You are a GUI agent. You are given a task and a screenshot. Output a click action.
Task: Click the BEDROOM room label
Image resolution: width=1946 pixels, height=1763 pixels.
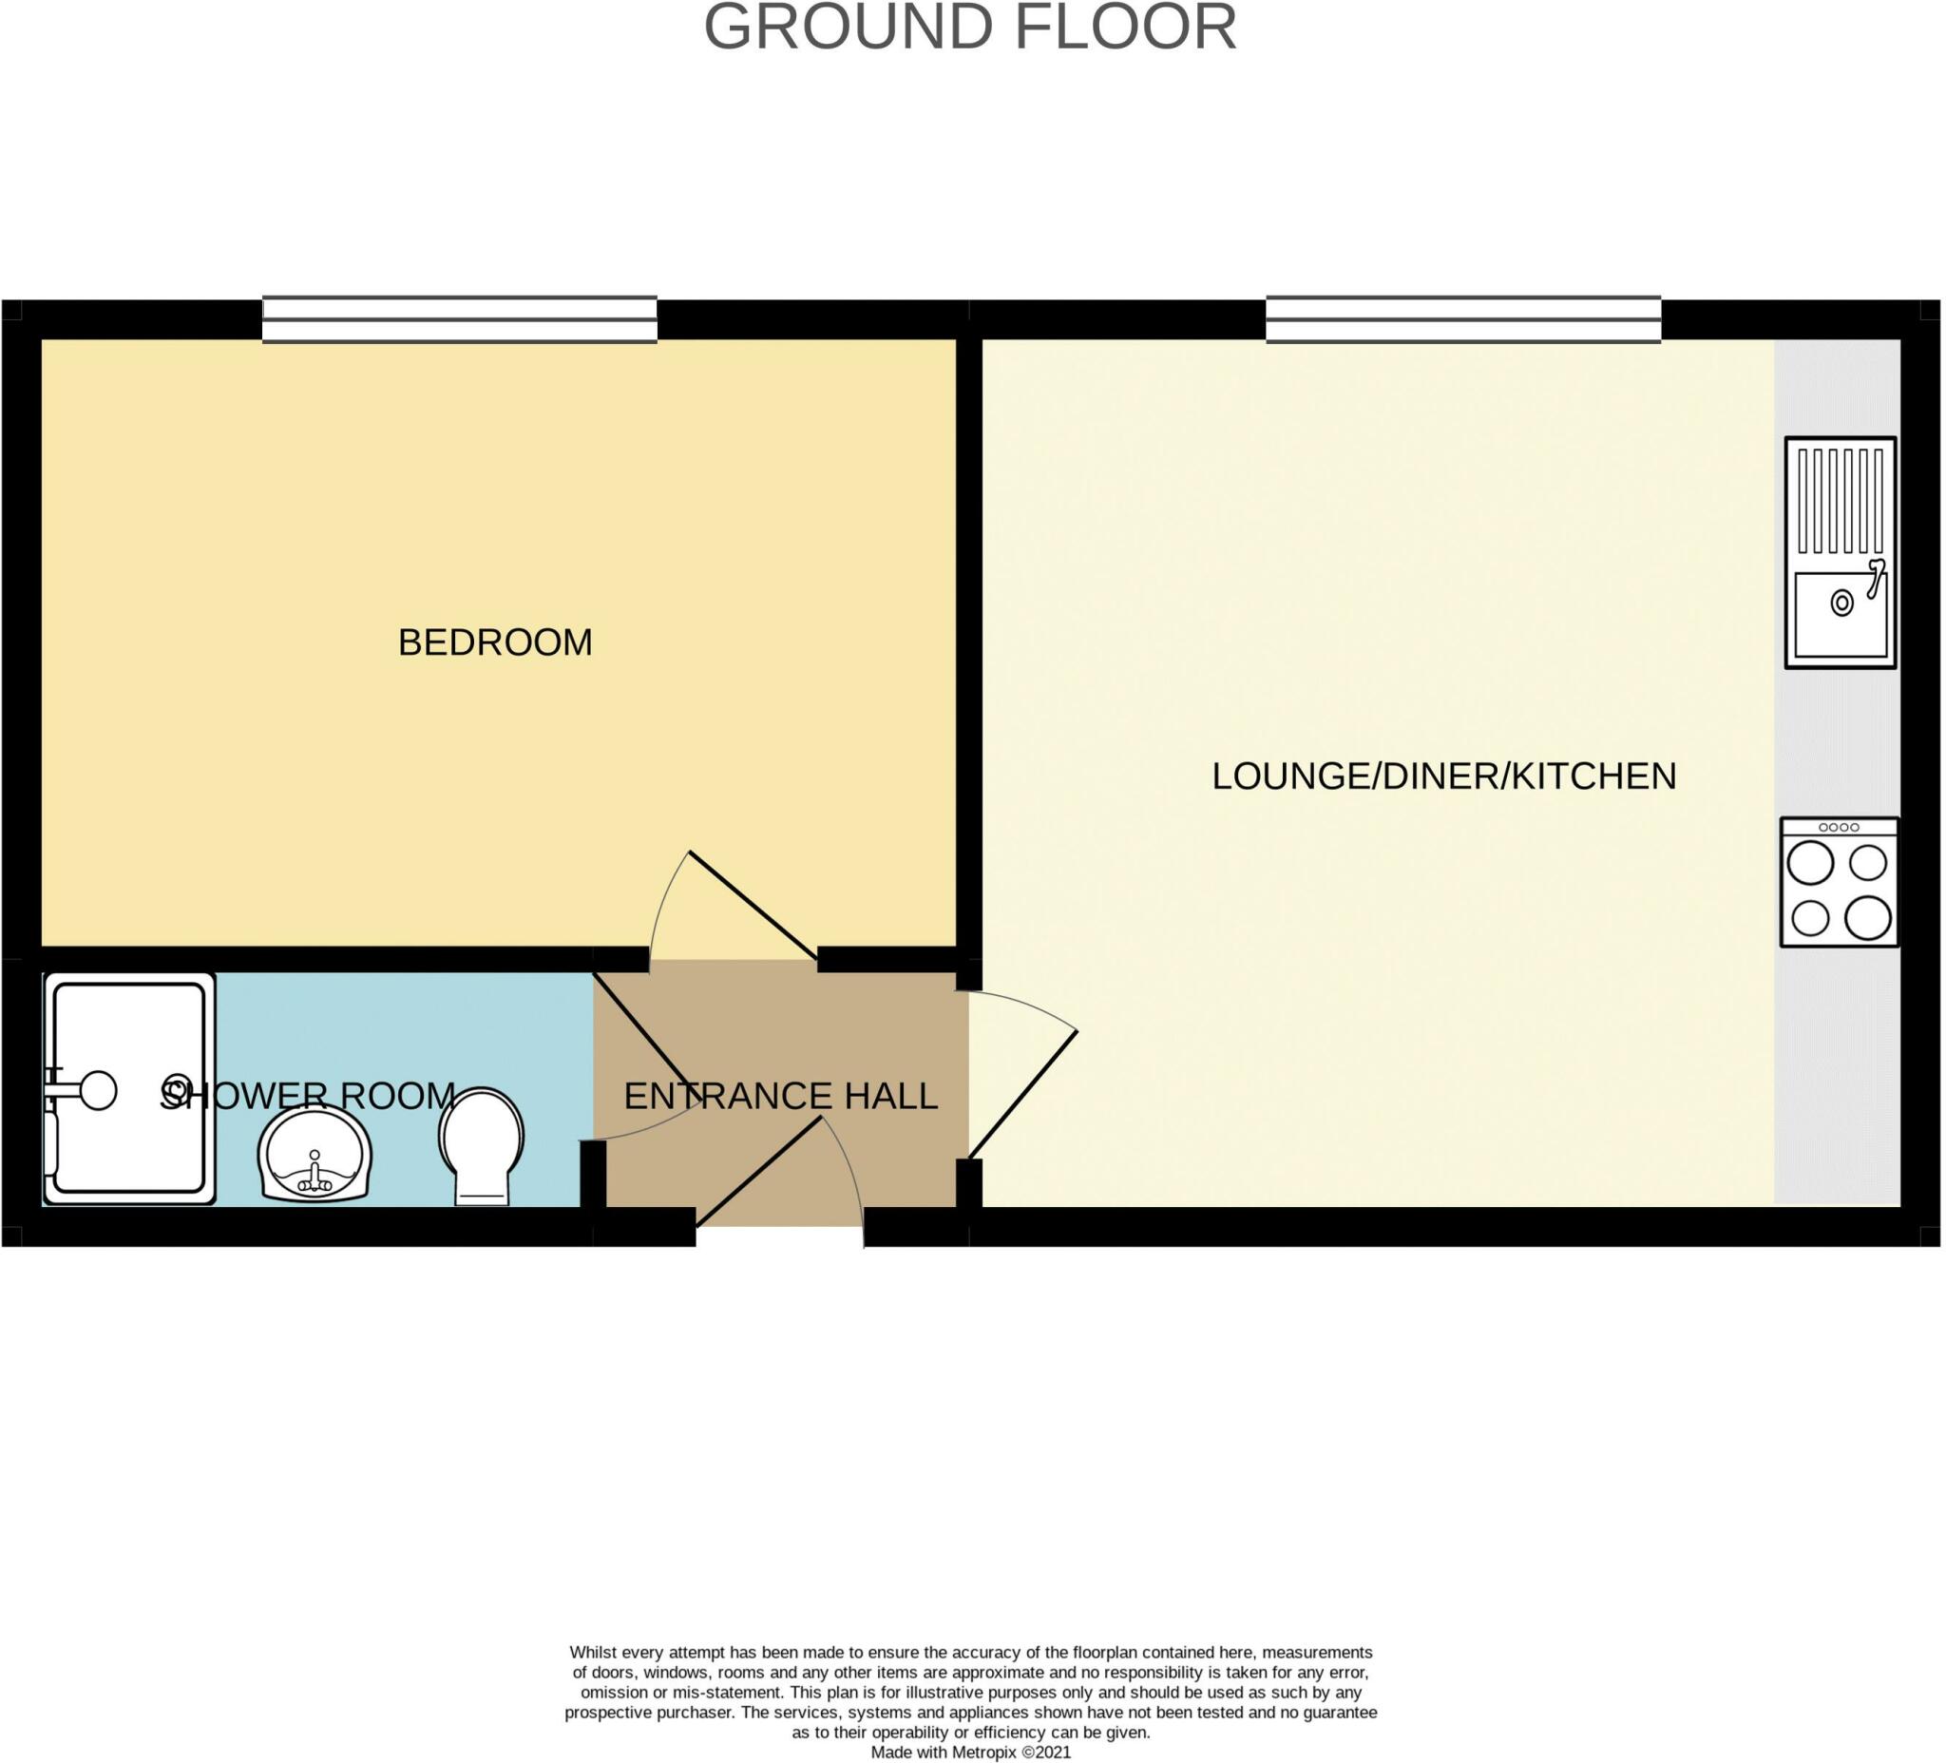pyautogui.click(x=495, y=643)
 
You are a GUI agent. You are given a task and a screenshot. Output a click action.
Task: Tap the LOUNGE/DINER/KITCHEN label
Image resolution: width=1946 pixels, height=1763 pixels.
pyautogui.click(x=1444, y=776)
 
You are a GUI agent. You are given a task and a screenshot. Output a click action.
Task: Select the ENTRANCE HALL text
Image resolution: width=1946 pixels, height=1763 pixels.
pyautogui.click(x=780, y=1096)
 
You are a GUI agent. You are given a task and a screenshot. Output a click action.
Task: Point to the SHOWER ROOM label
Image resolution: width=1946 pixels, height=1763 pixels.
pyautogui.click(x=307, y=1096)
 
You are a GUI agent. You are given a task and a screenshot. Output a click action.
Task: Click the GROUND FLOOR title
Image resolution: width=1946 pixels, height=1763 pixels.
pyautogui.click(x=970, y=27)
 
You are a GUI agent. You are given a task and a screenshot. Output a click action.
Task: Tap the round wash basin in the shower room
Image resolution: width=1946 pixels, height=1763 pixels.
pyautogui.click(x=315, y=1155)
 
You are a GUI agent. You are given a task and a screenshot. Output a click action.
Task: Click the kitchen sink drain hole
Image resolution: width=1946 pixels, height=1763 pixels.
pyautogui.click(x=1841, y=604)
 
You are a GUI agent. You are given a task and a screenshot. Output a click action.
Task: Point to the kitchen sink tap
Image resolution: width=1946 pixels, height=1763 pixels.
pyautogui.click(x=1876, y=577)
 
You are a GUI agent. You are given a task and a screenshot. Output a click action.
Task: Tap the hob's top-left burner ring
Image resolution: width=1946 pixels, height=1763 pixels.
pyautogui.click(x=1810, y=862)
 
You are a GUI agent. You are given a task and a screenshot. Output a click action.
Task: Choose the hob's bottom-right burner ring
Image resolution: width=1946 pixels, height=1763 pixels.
pyautogui.click(x=1868, y=918)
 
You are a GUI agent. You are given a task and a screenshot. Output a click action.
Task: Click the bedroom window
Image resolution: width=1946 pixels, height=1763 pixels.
pyautogui.click(x=460, y=319)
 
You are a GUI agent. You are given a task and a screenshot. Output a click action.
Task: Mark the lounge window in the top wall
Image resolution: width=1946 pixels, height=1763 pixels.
pyautogui.click(x=1463, y=319)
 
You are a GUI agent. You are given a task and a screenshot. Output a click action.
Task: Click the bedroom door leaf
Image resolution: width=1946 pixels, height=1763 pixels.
pyautogui.click(x=753, y=905)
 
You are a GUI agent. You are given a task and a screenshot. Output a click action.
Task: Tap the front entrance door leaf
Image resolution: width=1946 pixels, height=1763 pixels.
pyautogui.click(x=759, y=1171)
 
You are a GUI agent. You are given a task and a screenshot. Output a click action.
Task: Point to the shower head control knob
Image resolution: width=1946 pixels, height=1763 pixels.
pyautogui.click(x=99, y=1091)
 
